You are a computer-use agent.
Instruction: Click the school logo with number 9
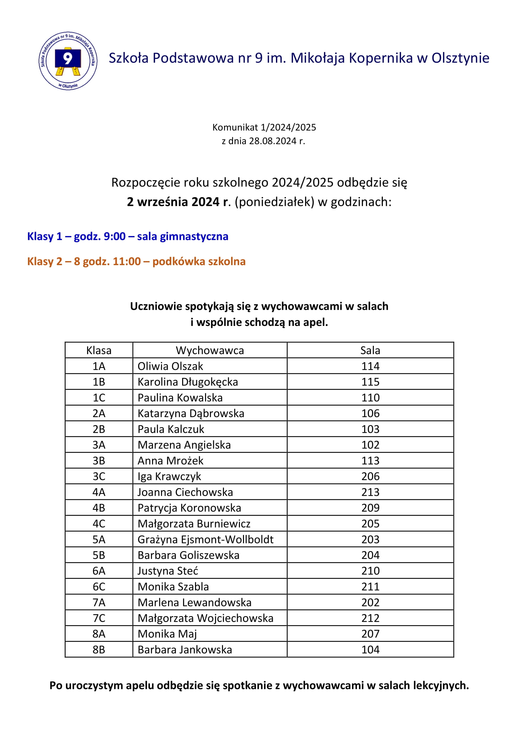coord(68,61)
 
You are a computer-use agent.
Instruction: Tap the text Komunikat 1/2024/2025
coord(264,128)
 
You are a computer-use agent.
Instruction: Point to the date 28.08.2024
coord(273,141)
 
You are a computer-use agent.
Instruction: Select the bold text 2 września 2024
coord(173,202)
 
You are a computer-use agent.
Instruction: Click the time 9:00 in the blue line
coord(115,236)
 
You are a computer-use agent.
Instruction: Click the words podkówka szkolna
coord(199,261)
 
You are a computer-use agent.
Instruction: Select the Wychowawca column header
coord(210,350)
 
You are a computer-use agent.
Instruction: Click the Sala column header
coord(370,350)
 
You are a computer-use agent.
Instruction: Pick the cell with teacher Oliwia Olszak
coord(170,366)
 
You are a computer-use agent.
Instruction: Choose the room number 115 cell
coord(370,382)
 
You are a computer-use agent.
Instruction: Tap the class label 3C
coord(99,476)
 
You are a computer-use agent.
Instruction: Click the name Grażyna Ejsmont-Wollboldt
coord(205,539)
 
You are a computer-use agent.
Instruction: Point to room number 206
coord(370,476)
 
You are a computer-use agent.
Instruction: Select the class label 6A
coord(99,571)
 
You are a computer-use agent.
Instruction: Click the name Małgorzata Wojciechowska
coord(205,618)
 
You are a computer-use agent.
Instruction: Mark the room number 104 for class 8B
coord(370,649)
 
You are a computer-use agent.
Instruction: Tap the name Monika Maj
coord(167,634)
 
